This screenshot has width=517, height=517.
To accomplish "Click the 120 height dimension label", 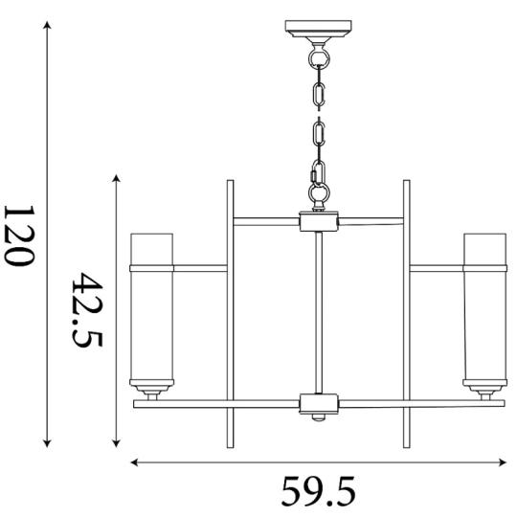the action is pos(19,236).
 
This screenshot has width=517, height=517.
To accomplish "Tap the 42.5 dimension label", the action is pos(87,310).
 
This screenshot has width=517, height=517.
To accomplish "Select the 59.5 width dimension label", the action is pos(319,491).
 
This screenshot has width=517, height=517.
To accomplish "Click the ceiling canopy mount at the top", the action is pos(318,29).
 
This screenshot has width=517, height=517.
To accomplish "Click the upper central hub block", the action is pos(319,221).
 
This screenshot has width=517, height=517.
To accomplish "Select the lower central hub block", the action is pos(319,403).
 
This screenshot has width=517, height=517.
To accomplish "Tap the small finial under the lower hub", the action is pos(319,417).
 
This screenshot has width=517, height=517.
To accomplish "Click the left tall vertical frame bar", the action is pos(230,314).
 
